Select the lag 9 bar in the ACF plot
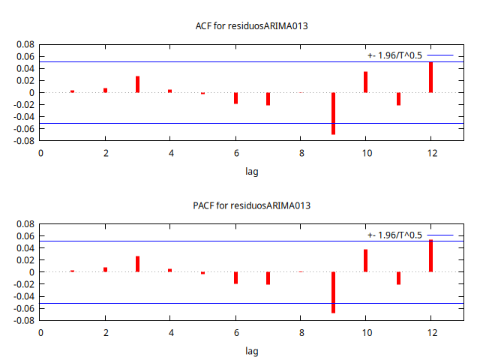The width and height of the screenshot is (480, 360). pyautogui.click(x=333, y=113)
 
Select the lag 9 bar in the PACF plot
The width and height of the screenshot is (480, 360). pyautogui.click(x=333, y=292)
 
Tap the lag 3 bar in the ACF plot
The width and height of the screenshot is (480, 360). pyautogui.click(x=138, y=84)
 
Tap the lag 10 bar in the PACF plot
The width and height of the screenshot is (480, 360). pyautogui.click(x=365, y=260)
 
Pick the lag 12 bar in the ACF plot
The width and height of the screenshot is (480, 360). pyautogui.click(x=430, y=77)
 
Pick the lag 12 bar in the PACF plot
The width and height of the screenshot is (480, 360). pyautogui.click(x=430, y=256)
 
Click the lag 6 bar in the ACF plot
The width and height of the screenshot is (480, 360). pyautogui.click(x=235, y=97)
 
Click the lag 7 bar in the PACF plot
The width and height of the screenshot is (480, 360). pyautogui.click(x=268, y=278)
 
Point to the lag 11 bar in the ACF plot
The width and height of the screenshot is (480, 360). pyautogui.click(x=398, y=99)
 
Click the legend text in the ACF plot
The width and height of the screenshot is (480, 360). pyautogui.click(x=394, y=55)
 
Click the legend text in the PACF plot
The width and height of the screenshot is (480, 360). pyautogui.click(x=394, y=235)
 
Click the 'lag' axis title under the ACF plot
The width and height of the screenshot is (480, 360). pyautogui.click(x=252, y=171)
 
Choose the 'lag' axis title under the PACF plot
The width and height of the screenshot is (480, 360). pyautogui.click(x=252, y=350)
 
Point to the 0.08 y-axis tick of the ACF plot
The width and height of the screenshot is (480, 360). pyautogui.click(x=25, y=44)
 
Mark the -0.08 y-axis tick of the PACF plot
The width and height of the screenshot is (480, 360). pyautogui.click(x=24, y=320)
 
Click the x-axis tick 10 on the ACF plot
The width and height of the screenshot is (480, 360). pyautogui.click(x=365, y=153)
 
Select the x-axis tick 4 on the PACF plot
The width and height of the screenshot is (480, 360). pyautogui.click(x=170, y=332)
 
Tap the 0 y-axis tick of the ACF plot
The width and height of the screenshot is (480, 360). pyautogui.click(x=32, y=93)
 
